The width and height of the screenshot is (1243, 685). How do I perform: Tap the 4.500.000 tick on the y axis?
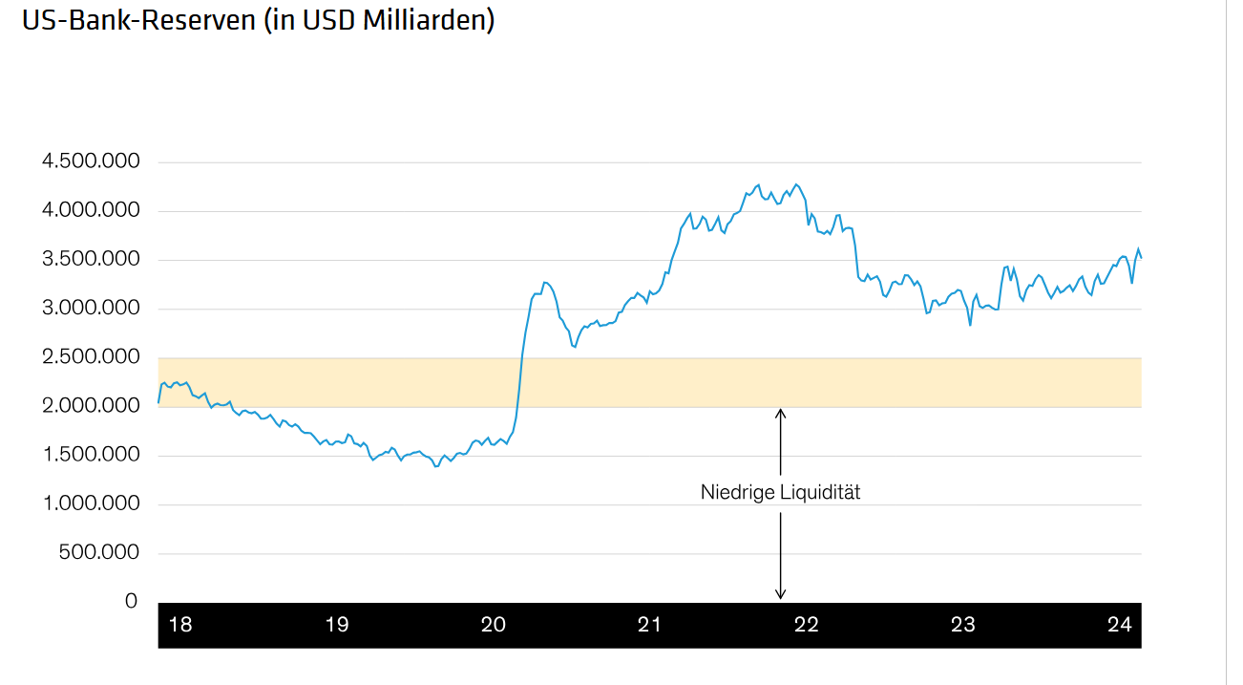(x=91, y=161)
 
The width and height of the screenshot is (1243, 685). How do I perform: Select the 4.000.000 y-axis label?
(x=91, y=210)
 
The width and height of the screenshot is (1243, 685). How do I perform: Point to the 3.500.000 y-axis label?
(x=91, y=259)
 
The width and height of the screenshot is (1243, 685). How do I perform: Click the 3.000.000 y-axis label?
(x=91, y=308)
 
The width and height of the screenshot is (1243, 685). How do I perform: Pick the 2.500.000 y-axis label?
(x=91, y=357)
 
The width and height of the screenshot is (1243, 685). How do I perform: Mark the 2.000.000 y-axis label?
(x=91, y=406)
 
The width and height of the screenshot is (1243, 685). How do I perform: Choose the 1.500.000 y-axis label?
(x=91, y=455)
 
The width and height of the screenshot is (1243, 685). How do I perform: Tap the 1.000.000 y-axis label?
(x=91, y=503)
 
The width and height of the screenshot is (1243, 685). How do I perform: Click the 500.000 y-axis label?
(x=99, y=552)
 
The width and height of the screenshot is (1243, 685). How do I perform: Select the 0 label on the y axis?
(x=131, y=601)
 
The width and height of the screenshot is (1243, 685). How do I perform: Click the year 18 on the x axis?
(x=179, y=625)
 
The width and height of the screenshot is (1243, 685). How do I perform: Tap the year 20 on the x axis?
(x=493, y=625)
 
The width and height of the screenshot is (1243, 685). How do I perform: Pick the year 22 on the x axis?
(x=807, y=625)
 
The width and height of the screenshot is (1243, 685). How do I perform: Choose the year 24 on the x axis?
(x=1120, y=625)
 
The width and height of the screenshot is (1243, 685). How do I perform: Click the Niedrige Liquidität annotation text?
(x=780, y=493)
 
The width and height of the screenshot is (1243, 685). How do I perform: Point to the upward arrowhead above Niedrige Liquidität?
(x=780, y=414)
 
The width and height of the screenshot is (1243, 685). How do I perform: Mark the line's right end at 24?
(x=1141, y=257)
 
